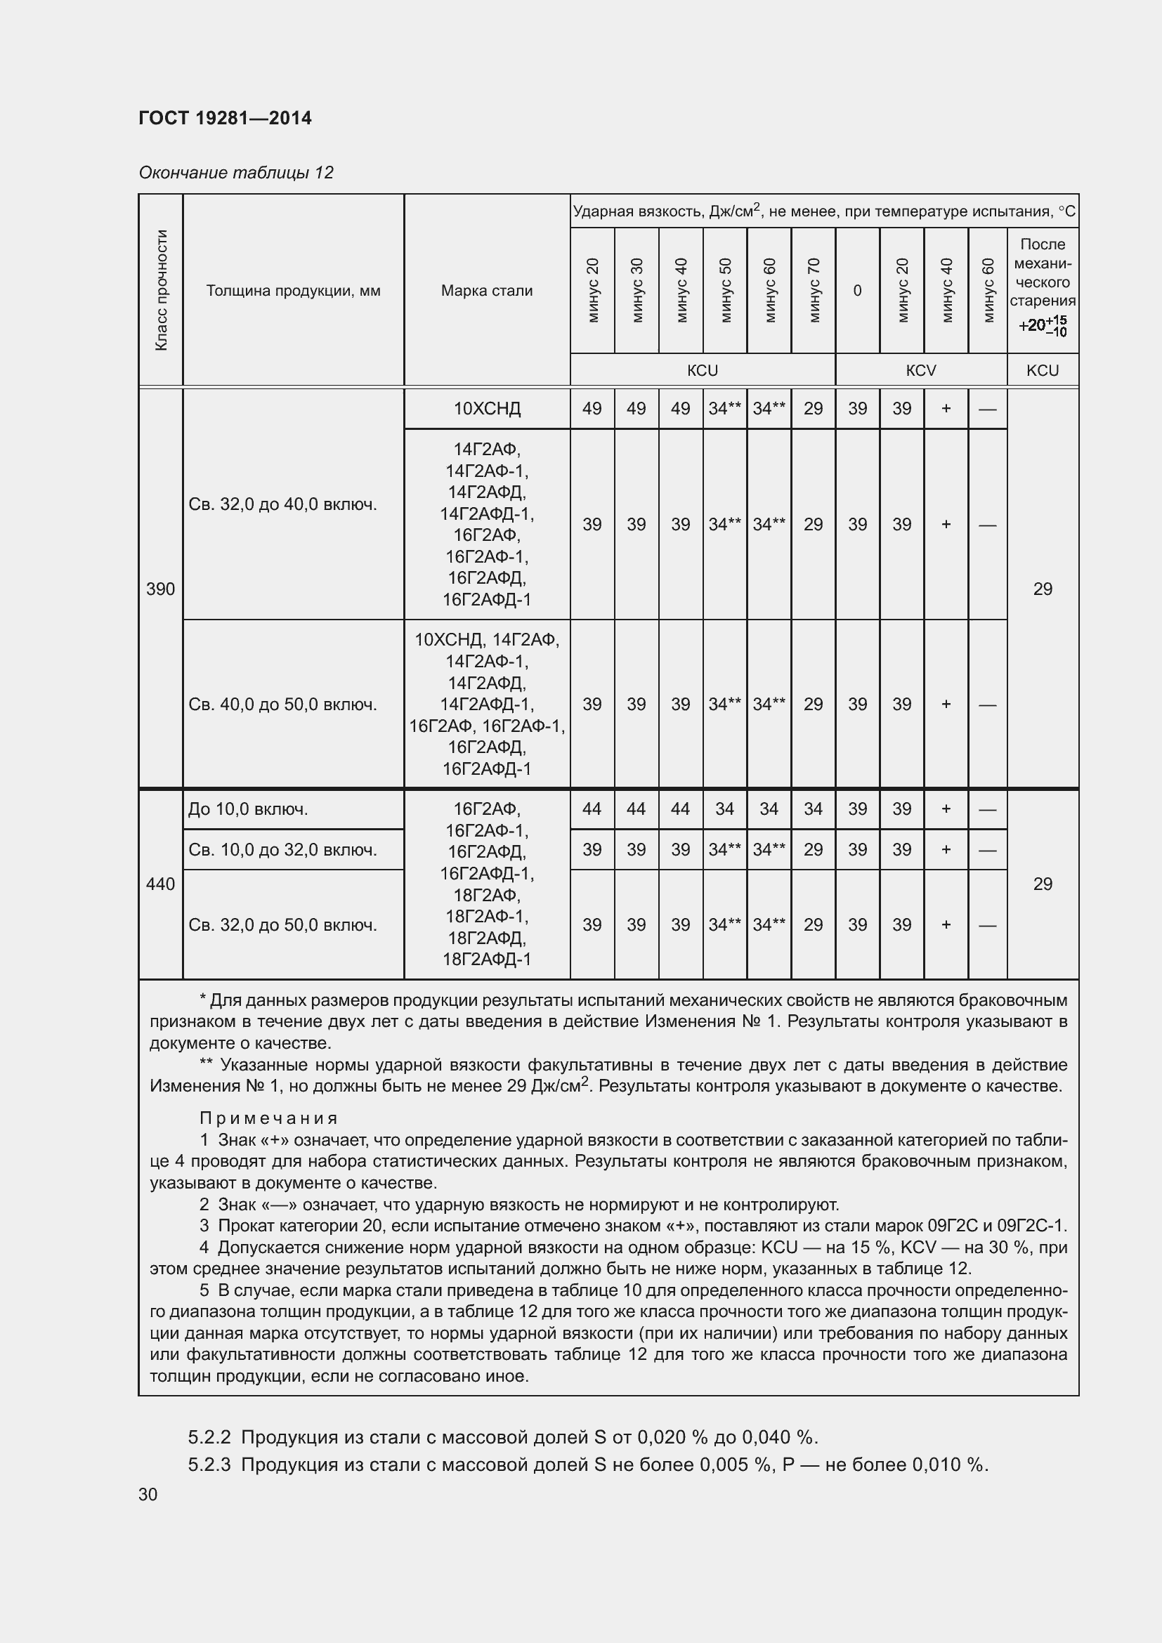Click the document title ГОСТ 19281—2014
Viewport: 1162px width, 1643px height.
[225, 118]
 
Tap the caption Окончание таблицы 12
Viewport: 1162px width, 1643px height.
[236, 173]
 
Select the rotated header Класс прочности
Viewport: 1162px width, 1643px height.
[161, 290]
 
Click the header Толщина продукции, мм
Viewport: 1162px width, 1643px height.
[294, 291]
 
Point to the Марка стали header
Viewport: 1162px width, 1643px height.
[487, 291]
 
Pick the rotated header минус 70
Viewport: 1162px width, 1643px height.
[814, 290]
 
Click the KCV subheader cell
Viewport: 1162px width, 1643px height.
[921, 371]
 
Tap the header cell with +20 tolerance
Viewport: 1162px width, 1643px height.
[1043, 326]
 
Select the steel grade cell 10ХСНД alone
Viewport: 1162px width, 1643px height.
[487, 409]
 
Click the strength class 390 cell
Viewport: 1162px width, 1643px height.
[160, 589]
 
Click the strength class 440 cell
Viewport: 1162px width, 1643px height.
[160, 884]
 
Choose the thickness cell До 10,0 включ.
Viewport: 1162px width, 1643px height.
[248, 809]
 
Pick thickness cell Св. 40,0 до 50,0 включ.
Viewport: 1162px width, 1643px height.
[282, 705]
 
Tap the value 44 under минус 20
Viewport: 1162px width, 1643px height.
[592, 809]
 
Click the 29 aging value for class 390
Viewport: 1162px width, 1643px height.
[1043, 589]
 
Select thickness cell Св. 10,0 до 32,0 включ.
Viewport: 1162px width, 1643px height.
[282, 850]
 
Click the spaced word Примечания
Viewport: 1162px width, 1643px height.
[268, 1118]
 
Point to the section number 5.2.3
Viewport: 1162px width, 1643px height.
[209, 1465]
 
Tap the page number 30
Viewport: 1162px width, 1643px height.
[148, 1495]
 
